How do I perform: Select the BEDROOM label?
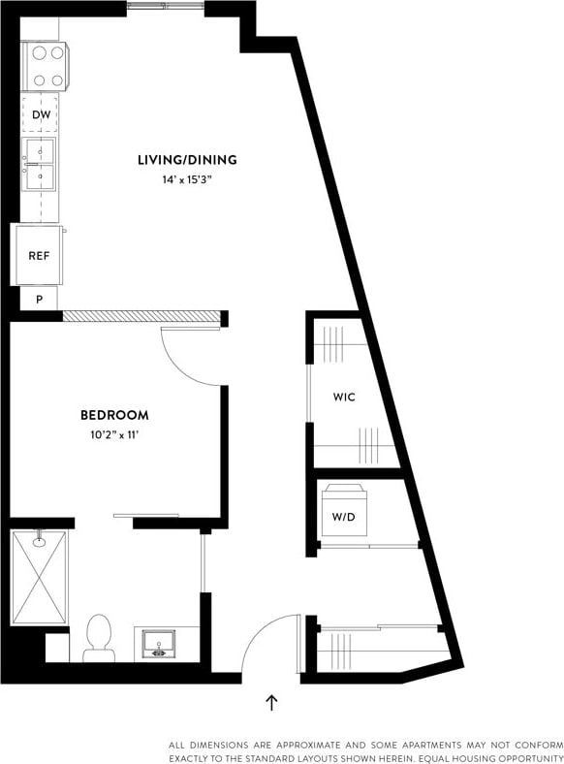pos(114,415)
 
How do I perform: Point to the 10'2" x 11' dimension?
pos(114,435)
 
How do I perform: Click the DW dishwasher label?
pos(40,115)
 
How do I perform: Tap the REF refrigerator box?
pos(39,256)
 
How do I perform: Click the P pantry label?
pos(40,299)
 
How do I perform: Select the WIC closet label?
pos(345,398)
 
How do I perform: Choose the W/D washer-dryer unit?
pos(344,510)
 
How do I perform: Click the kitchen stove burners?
pos(44,67)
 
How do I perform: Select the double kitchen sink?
pos(41,165)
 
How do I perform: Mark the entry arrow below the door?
pos(271,701)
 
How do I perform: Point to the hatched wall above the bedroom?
pos(141,316)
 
